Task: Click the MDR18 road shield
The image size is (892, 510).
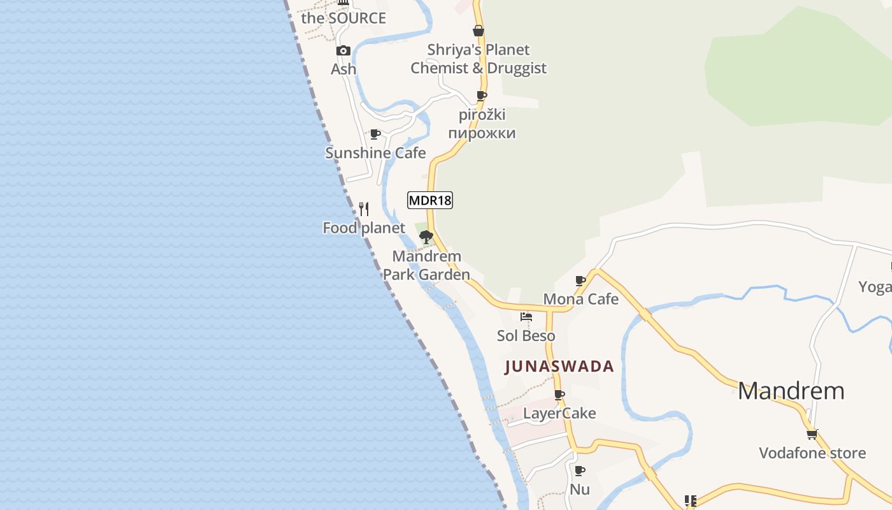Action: (429, 200)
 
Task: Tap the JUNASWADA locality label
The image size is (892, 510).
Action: (559, 367)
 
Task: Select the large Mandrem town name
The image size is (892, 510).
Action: (791, 391)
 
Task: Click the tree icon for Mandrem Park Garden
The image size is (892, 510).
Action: (426, 237)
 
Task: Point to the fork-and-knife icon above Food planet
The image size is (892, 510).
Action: (364, 208)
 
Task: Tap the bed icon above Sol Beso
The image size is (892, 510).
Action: (526, 316)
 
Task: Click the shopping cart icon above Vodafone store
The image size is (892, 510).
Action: (812, 434)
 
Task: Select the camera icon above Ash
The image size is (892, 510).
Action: (343, 50)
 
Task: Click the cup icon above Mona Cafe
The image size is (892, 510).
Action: (580, 280)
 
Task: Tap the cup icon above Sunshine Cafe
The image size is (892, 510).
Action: (375, 135)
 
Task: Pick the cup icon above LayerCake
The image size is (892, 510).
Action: (559, 395)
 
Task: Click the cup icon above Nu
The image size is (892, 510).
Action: (579, 470)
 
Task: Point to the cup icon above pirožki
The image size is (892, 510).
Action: (482, 96)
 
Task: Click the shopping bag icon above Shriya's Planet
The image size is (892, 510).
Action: (478, 31)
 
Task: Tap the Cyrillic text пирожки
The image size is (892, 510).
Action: (482, 133)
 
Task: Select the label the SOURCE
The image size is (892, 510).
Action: (343, 18)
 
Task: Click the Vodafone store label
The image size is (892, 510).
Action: (812, 453)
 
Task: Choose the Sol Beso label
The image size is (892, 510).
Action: (526, 335)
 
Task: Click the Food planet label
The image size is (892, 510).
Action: (364, 228)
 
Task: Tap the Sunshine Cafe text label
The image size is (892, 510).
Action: (375, 153)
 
